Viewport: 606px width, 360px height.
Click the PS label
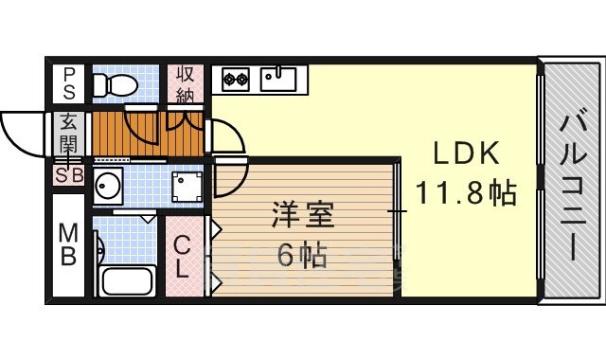pos(69,83)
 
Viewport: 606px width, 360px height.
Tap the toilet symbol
pos(116,84)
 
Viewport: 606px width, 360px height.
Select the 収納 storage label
pos(186,85)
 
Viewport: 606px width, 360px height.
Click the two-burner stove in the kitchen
pos(235,79)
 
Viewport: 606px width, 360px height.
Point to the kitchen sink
pos(277,79)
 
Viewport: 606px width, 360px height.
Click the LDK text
pos(465,153)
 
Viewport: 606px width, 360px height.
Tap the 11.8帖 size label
pos(465,192)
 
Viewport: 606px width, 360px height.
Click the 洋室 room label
pos(302,215)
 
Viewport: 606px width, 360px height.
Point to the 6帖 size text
pos(302,255)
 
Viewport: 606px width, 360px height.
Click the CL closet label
pos(181,257)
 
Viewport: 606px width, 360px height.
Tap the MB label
pos(68,244)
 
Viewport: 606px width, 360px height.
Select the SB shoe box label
pos(69,176)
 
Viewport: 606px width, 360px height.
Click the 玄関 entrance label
pos(68,133)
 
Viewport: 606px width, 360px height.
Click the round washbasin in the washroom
pos(108,186)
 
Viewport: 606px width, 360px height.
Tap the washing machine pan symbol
pos(187,187)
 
